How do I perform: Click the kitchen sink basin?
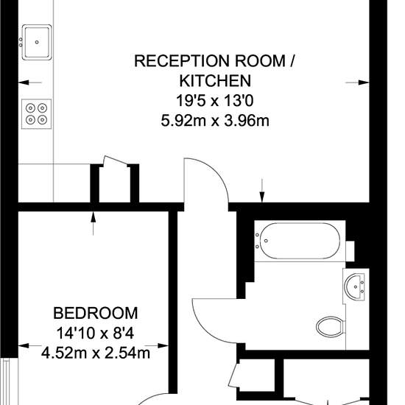click(37, 43)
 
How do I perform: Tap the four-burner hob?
click(36, 114)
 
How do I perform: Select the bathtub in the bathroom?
click(300, 241)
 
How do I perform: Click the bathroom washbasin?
click(354, 286)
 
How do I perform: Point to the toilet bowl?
click(331, 327)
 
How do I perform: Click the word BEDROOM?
click(96, 313)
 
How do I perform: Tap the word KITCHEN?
click(215, 80)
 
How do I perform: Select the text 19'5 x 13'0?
click(214, 100)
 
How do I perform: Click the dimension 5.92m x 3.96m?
click(215, 121)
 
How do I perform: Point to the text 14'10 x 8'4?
click(95, 333)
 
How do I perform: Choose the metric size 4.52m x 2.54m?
click(96, 353)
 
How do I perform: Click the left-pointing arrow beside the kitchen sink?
click(30, 82)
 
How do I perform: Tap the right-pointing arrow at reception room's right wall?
click(357, 82)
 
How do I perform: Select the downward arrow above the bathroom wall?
click(262, 191)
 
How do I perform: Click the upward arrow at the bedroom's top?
click(94, 223)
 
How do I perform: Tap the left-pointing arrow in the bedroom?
click(30, 345)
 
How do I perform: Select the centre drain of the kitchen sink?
click(37, 42)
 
